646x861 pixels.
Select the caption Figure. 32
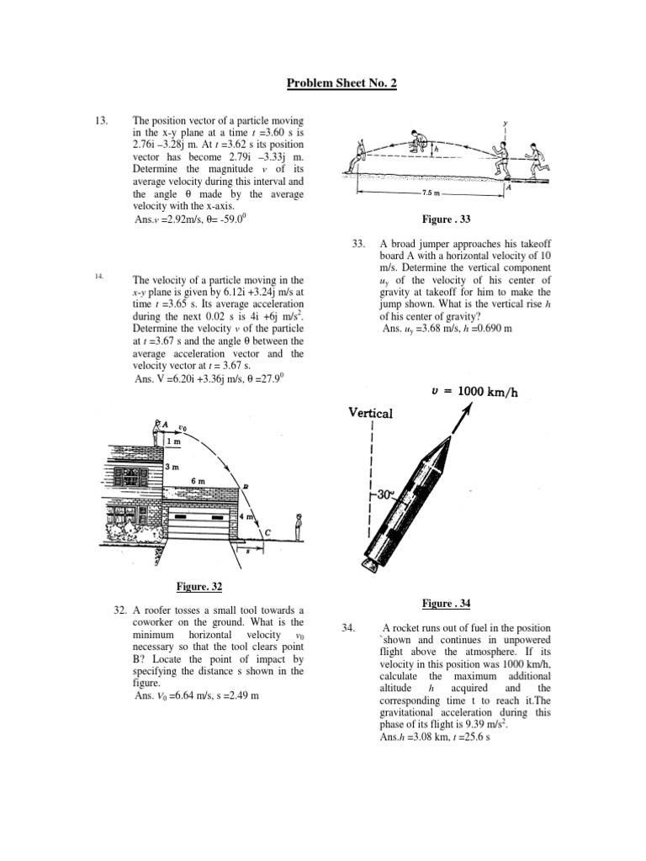pos(199,586)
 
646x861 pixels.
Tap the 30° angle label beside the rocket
pos(385,496)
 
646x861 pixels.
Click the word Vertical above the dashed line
pos(370,413)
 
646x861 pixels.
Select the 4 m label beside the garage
pos(249,516)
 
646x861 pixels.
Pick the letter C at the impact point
pos(267,532)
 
